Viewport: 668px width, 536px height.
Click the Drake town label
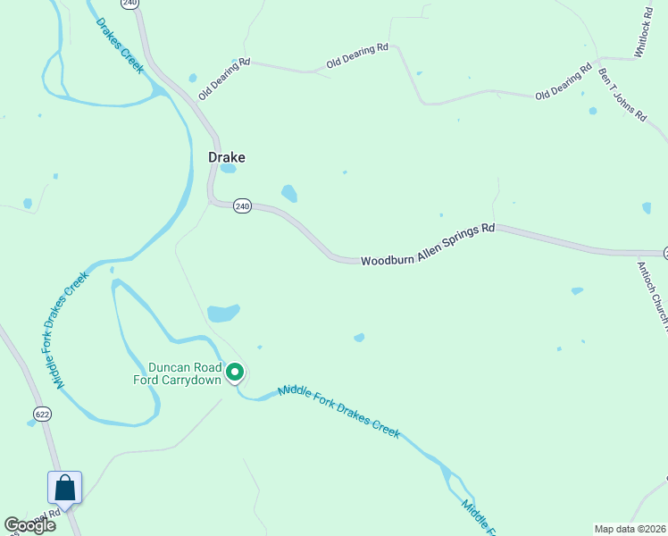click(x=227, y=157)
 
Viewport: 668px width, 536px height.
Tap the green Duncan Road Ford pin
click(x=235, y=372)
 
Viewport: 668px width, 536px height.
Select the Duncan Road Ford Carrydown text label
click(x=183, y=373)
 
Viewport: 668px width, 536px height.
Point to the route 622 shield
click(x=42, y=414)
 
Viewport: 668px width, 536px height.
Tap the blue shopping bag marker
click(x=64, y=489)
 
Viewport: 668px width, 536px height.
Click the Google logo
click(x=29, y=525)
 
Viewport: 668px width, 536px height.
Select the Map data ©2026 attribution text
click(x=630, y=529)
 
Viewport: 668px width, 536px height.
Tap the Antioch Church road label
click(x=653, y=295)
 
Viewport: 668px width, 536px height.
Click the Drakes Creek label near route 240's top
click(x=121, y=44)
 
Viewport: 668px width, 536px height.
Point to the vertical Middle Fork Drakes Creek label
click(x=71, y=331)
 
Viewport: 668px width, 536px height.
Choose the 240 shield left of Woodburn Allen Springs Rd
click(x=242, y=206)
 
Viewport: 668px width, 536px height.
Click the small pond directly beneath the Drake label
click(x=228, y=168)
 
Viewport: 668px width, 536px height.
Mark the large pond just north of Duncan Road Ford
click(x=223, y=314)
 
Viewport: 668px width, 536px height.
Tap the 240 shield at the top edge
click(x=131, y=4)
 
